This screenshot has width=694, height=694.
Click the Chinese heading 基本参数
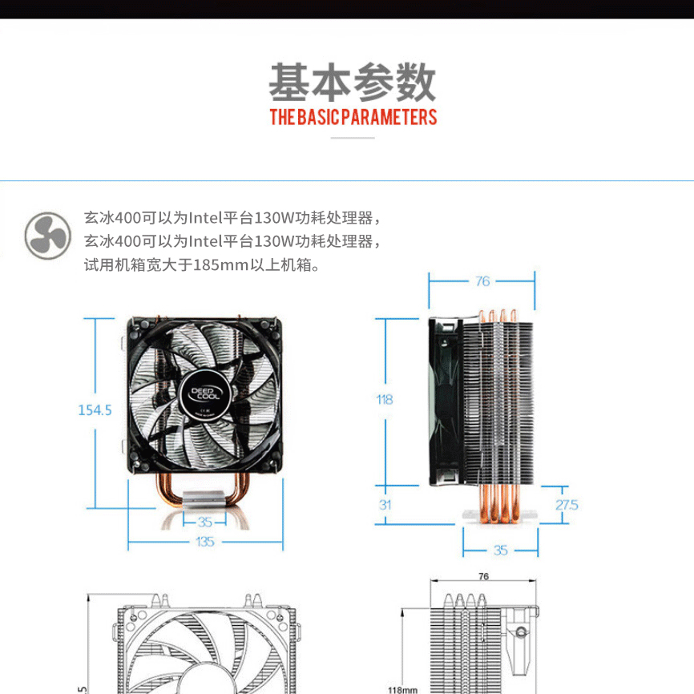coord(353,81)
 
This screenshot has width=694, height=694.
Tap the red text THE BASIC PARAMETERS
coord(353,118)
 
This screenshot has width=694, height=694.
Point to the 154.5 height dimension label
coord(95,410)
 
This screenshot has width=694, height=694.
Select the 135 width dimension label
coord(205,542)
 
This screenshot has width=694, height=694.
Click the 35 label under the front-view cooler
coord(204,520)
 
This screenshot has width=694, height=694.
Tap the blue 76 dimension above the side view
coord(482,280)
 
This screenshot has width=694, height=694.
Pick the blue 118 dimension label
coord(385,399)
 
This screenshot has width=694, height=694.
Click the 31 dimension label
coord(385,505)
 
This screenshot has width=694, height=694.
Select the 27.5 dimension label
coord(566,505)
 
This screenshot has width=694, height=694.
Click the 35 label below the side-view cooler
coord(501,551)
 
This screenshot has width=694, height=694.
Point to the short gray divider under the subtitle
coord(353,138)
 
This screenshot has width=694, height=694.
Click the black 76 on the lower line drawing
coord(483,576)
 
